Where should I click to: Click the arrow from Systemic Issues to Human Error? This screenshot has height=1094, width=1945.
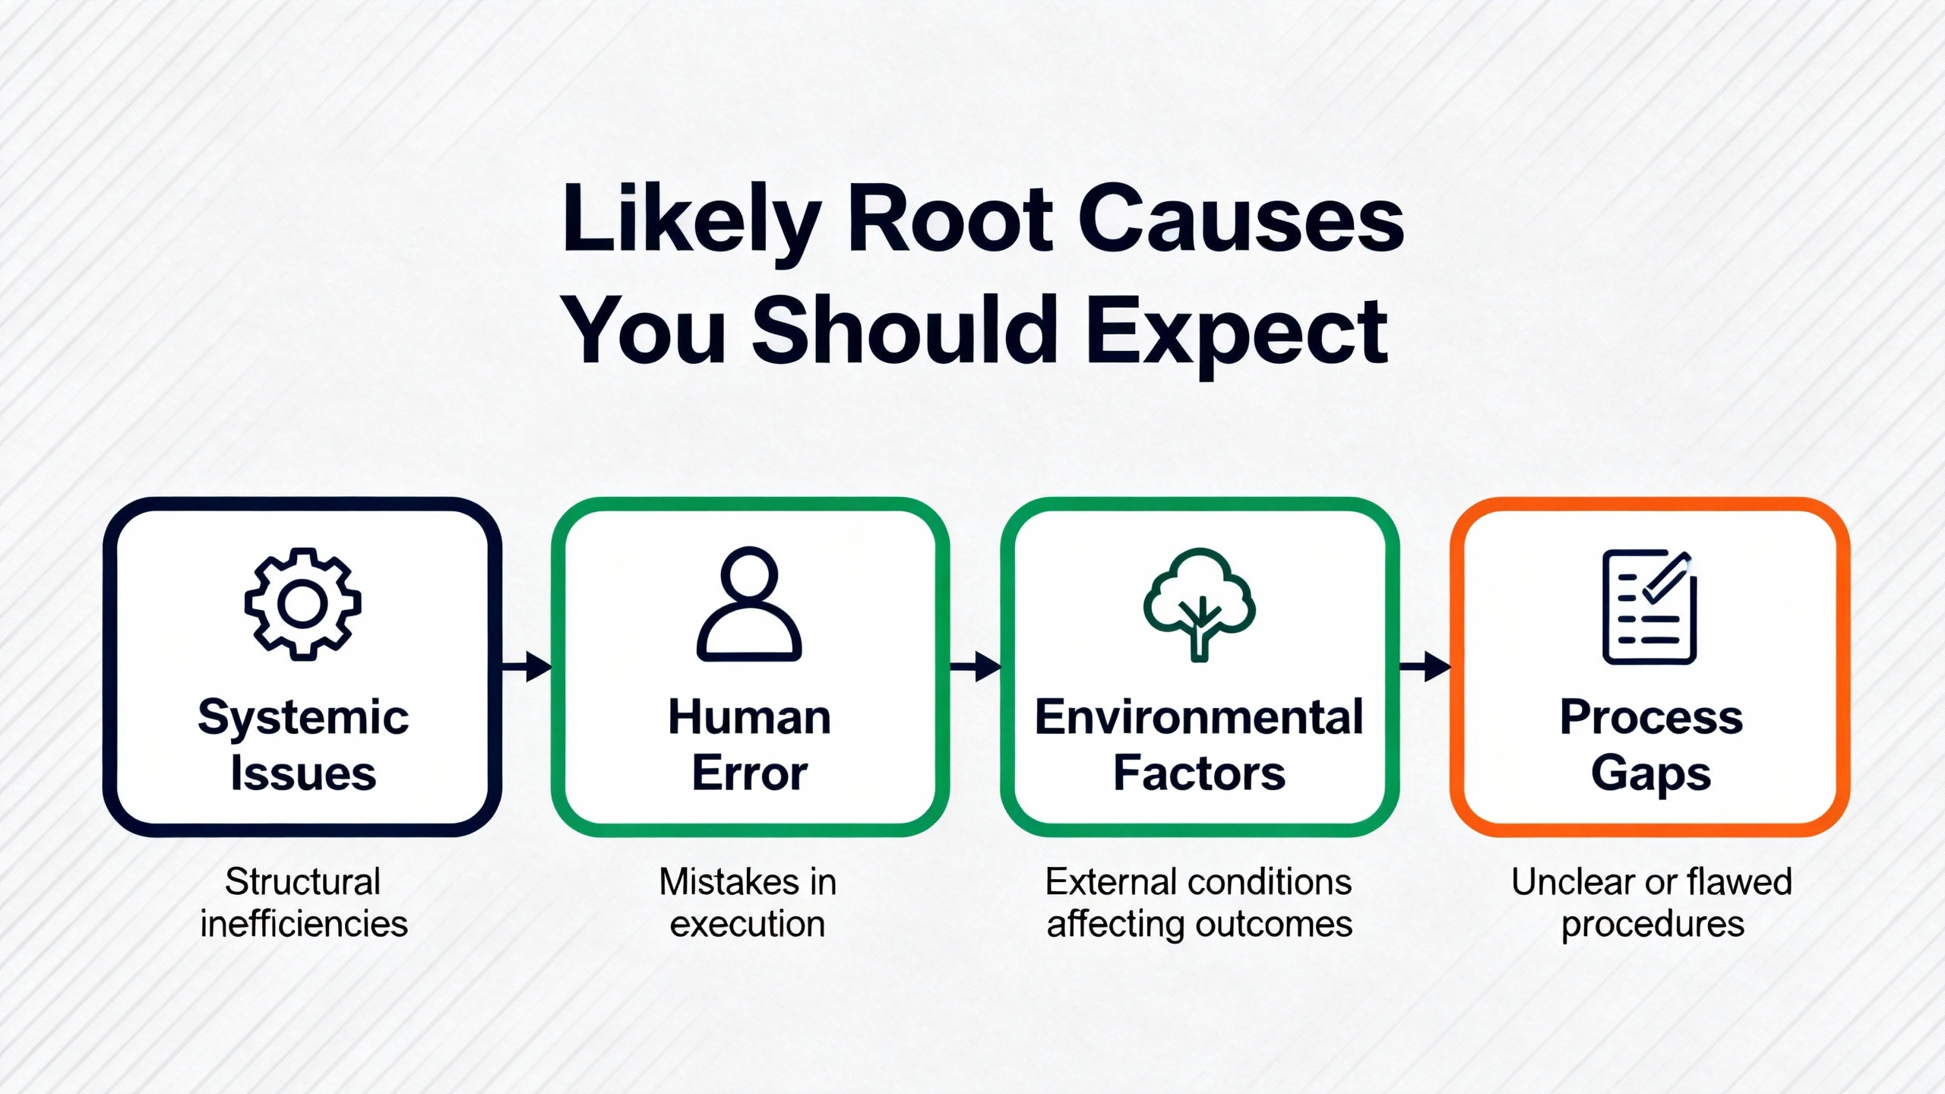click(x=527, y=666)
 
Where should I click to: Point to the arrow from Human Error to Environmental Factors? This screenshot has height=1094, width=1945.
click(x=976, y=666)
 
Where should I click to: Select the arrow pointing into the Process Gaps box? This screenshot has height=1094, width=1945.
click(x=1425, y=666)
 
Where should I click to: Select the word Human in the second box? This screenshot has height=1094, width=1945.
click(x=750, y=717)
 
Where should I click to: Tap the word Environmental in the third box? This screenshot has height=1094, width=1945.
click(x=1200, y=717)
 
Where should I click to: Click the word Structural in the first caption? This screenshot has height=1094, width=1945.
click(x=303, y=882)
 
